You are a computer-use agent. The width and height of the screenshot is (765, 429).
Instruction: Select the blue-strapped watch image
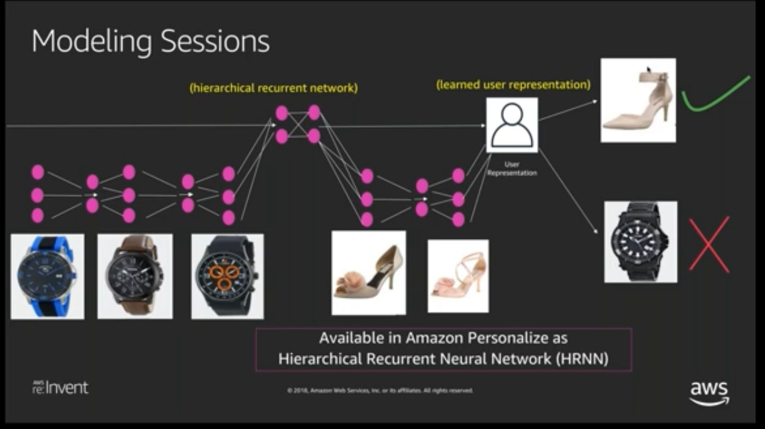coord(47,276)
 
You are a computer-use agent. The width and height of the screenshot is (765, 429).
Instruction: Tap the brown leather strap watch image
coord(135,276)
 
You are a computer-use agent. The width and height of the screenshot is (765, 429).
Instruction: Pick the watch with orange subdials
coord(227,276)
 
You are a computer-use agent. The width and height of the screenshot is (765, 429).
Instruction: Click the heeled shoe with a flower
coord(368,273)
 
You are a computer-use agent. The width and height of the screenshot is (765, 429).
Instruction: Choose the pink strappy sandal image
coord(457,276)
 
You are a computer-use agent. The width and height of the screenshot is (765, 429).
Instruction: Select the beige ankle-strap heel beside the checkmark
coord(638,100)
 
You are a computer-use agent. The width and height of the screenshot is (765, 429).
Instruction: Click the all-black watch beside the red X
coord(640,242)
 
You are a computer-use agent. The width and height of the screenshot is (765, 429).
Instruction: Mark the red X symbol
coord(709,244)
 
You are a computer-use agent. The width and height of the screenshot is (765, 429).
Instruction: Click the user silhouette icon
coord(512,125)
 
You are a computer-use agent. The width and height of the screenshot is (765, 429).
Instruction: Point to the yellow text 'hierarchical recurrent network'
coord(273,88)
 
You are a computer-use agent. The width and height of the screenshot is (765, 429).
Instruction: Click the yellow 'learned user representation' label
coord(513,85)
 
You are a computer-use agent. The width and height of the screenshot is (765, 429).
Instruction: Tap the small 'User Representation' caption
coord(512,169)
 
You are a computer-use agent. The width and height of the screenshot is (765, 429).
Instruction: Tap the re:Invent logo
coord(60,387)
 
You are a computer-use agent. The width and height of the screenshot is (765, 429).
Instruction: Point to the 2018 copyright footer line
coord(379,391)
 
